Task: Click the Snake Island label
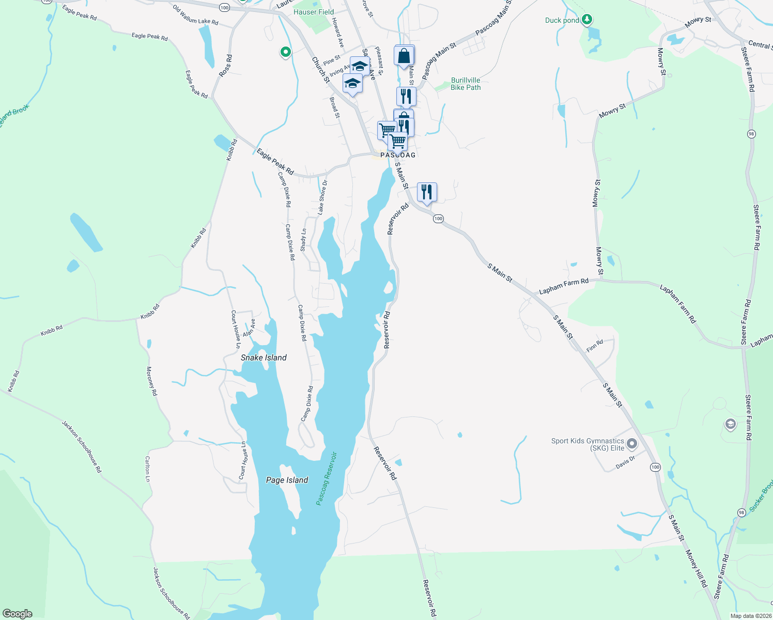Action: [264, 358]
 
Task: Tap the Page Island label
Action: [287, 480]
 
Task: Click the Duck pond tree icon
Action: [586, 20]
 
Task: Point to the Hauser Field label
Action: [314, 12]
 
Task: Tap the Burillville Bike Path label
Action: [466, 84]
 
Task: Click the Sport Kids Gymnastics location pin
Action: [631, 443]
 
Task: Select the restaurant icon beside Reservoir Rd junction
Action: [427, 192]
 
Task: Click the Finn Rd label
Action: [595, 346]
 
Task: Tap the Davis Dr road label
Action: [625, 462]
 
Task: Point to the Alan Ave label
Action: [249, 328]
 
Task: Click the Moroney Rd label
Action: [151, 381]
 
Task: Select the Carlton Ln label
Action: [147, 469]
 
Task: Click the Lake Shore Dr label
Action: [322, 197]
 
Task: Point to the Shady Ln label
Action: [303, 240]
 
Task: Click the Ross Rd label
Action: [225, 66]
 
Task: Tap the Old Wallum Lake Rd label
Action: [195, 16]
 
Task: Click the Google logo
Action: [17, 614]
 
